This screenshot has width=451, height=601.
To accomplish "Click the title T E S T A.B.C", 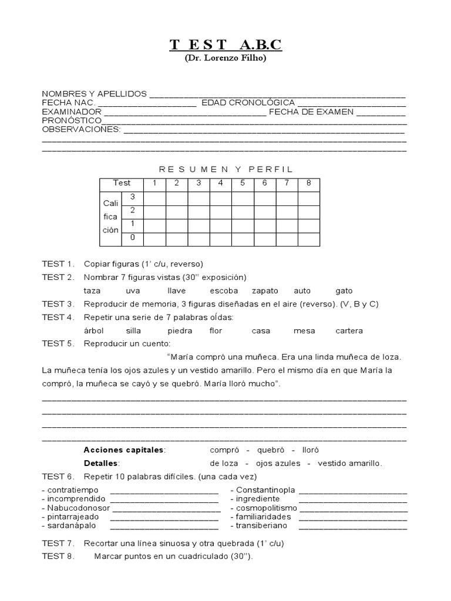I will coord(225,45).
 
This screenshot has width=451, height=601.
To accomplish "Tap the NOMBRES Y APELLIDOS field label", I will coord(94,94).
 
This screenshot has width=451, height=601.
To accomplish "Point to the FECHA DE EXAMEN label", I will coord(311,112).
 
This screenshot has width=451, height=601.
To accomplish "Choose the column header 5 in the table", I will coord(243,183).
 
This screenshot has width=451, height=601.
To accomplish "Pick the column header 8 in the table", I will coord(309,183).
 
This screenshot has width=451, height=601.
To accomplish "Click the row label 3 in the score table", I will coord(133,197).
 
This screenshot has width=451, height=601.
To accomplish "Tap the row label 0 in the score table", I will coord(133,238).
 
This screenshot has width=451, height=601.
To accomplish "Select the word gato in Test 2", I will coord(344,291).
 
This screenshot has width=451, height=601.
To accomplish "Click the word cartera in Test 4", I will coord(349,330).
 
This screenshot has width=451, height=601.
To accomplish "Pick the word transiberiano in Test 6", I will coord(262,525).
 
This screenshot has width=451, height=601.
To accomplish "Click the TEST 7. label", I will coord(58,543).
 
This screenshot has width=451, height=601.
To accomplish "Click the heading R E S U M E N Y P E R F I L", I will coord(225,169).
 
